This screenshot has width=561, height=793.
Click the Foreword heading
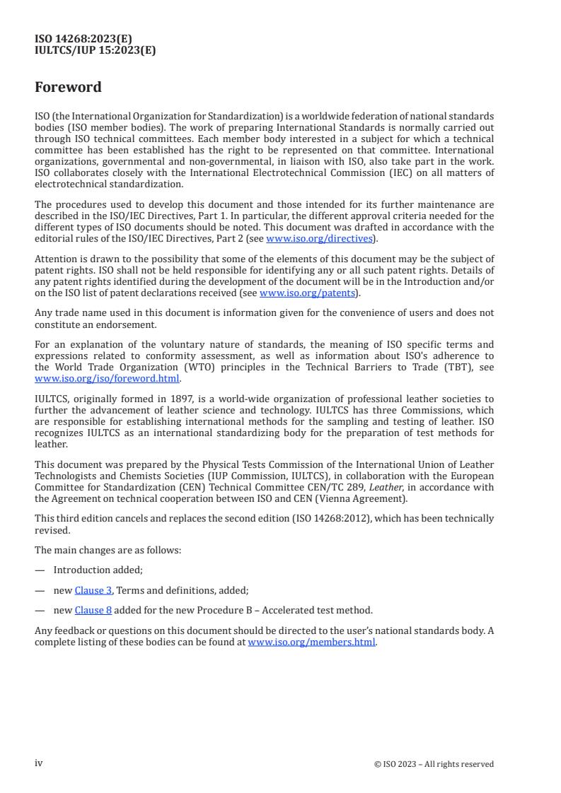click(68, 88)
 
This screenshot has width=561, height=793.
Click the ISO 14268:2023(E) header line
click(83, 39)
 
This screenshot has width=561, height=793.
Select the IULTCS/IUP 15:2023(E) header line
click(95, 50)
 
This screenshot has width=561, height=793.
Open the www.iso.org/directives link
click(319, 238)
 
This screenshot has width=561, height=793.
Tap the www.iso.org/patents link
click(308, 293)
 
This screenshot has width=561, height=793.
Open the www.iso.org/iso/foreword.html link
click(107, 379)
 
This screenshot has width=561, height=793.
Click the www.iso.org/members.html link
click(311, 642)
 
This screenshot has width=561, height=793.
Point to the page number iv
click(39, 763)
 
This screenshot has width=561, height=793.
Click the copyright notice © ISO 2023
click(434, 764)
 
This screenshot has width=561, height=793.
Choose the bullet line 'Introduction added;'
click(98, 570)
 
